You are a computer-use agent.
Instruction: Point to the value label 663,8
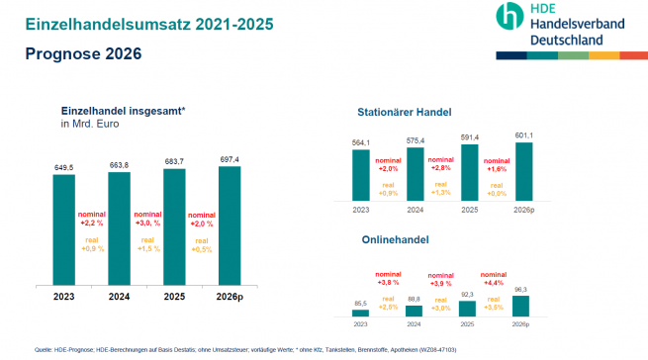coord(119,164)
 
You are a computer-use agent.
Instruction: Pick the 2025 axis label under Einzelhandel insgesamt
coord(174,297)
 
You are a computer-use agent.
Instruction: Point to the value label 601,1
coord(523,135)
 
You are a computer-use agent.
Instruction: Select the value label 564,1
coord(362,142)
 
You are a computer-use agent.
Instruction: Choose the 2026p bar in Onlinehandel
coord(523,306)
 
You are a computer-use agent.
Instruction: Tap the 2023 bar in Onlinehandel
coord(362,312)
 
